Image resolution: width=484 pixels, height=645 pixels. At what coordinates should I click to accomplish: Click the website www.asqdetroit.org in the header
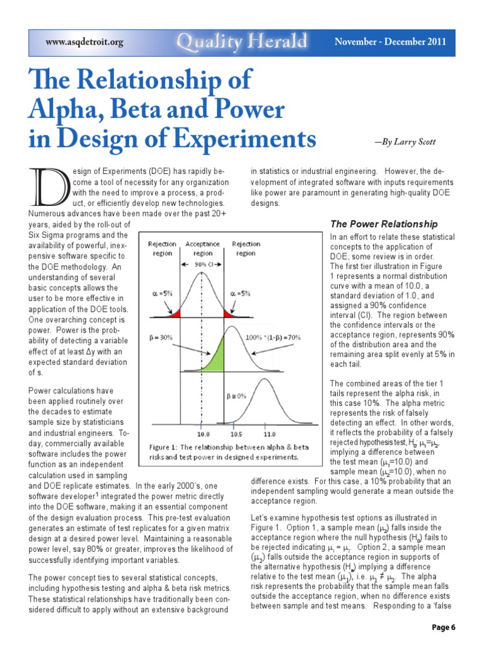84,43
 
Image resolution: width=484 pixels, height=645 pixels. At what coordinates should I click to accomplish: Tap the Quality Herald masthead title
242,42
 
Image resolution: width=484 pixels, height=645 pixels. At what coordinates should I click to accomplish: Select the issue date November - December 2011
390,42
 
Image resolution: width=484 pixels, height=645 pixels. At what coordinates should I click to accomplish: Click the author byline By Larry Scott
405,142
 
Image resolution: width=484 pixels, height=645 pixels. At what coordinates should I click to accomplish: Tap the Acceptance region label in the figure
202,248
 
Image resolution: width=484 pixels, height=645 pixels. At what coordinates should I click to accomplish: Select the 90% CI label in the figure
202,264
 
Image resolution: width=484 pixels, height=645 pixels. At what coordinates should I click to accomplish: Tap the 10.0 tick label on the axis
204,434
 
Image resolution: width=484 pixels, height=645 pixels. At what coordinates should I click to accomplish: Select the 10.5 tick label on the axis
236,434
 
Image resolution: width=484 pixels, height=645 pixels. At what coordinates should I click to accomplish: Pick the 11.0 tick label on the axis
269,434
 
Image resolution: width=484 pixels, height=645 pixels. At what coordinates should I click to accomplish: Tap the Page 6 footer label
444,628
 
